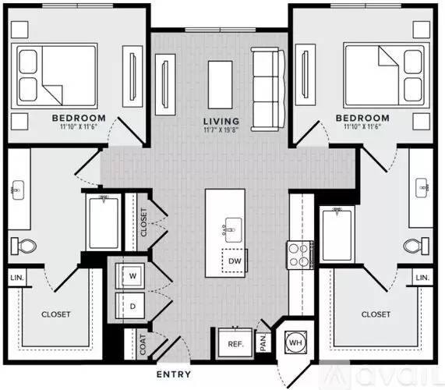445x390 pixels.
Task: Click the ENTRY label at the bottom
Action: tap(174, 374)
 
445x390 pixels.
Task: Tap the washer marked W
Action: tap(130, 276)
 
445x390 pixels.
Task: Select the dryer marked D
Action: tap(130, 306)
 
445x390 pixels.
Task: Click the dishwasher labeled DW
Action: tap(235, 261)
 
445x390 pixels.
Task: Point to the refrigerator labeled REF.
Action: tap(235, 343)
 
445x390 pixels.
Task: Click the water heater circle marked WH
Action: tap(295, 342)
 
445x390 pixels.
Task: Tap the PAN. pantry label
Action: tap(263, 342)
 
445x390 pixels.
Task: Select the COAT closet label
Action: tap(143, 344)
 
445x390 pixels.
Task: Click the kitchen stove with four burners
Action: tap(300, 255)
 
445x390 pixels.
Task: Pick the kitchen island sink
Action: tap(233, 230)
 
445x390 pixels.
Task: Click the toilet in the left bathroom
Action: tap(23, 246)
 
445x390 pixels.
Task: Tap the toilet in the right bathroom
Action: tap(416, 245)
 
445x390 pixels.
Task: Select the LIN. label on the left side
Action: tap(17, 277)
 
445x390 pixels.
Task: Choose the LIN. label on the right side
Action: tap(422, 277)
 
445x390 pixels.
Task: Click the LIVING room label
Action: tap(221, 121)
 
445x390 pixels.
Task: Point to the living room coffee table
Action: tap(221, 85)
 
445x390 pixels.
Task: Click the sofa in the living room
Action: tap(267, 89)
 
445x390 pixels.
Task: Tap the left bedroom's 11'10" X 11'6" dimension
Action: tap(79, 126)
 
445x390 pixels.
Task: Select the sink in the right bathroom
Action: tap(422, 187)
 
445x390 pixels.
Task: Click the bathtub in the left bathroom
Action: tap(104, 223)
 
